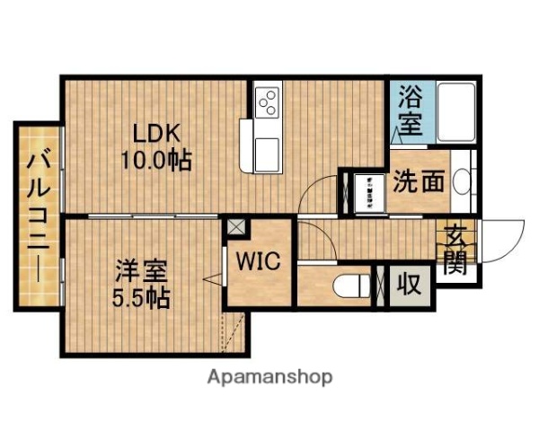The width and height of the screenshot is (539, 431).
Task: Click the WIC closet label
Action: tap(259, 262)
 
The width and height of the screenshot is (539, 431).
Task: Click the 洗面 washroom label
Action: tap(419, 180)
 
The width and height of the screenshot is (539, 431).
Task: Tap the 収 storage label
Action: tap(409, 286)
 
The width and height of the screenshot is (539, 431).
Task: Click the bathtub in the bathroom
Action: tap(455, 113)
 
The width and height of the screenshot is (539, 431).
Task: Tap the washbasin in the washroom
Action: tap(462, 182)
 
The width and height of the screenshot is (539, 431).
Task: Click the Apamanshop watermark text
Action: tap(270, 377)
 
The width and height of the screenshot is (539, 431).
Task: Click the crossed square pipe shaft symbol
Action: tap(234, 227)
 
